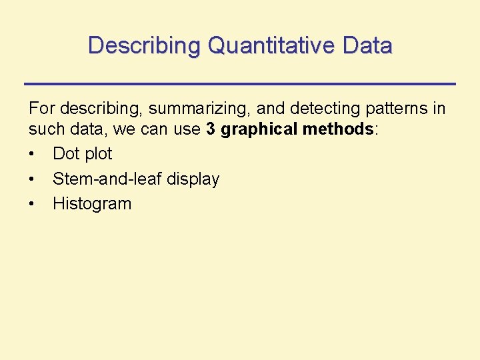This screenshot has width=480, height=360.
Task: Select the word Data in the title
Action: point(367,46)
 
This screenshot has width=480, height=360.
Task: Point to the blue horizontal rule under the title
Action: point(240,83)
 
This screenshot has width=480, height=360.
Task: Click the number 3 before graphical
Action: point(211,129)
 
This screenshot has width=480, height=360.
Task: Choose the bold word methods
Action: point(338,129)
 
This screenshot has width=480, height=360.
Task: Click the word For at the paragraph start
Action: point(41,109)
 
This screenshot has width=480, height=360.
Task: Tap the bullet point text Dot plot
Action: point(83,154)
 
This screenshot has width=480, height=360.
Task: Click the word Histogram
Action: point(92,204)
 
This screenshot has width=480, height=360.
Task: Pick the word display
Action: point(193,179)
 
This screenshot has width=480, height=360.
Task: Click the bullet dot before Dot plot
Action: point(33,155)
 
